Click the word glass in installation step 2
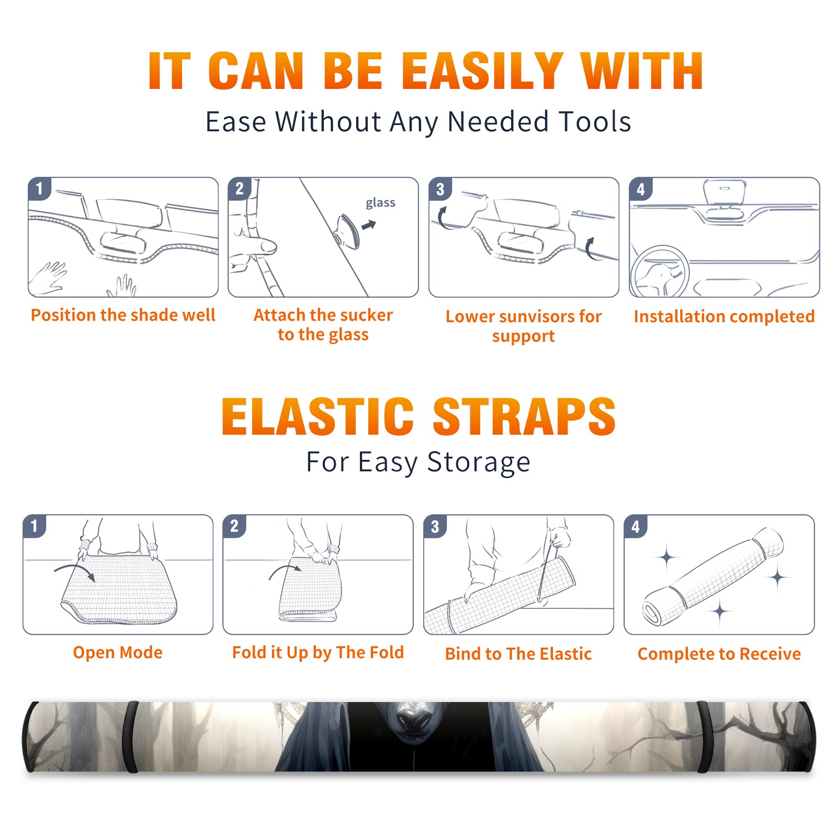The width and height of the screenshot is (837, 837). [x=380, y=202]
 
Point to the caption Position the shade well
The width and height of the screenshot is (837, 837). [x=123, y=315]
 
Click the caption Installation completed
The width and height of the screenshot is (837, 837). [x=724, y=316]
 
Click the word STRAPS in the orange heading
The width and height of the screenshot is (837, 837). [x=524, y=416]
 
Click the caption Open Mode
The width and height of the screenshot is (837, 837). [x=118, y=652]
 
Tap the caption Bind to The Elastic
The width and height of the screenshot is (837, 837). [x=518, y=654]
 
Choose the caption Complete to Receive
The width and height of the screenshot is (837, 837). [x=719, y=654]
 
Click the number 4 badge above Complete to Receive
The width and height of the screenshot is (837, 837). [x=636, y=526]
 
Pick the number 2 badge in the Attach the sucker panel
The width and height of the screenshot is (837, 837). [x=240, y=189]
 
